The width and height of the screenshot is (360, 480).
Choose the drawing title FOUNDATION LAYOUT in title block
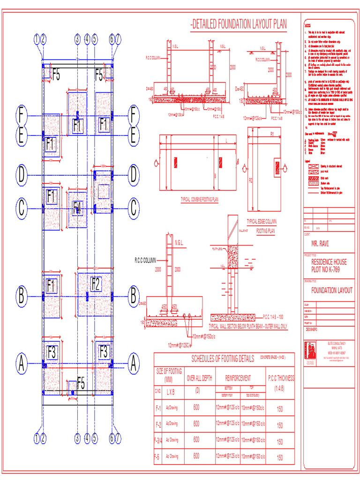[x=332, y=291]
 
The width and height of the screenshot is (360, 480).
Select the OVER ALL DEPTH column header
[x=200, y=378]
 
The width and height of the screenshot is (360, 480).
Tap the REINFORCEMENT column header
[x=238, y=378]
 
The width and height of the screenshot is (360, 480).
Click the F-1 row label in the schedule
[x=158, y=408]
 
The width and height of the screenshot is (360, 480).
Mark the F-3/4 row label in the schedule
[x=158, y=440]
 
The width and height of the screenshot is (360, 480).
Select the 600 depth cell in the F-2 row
[x=196, y=424]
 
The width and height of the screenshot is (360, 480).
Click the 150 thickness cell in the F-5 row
[x=280, y=457]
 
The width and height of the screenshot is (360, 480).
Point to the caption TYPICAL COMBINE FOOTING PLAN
[x=200, y=199]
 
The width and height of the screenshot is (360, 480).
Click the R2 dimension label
[x=251, y=180]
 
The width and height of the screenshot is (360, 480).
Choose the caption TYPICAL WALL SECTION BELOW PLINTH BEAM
[x=248, y=325]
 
